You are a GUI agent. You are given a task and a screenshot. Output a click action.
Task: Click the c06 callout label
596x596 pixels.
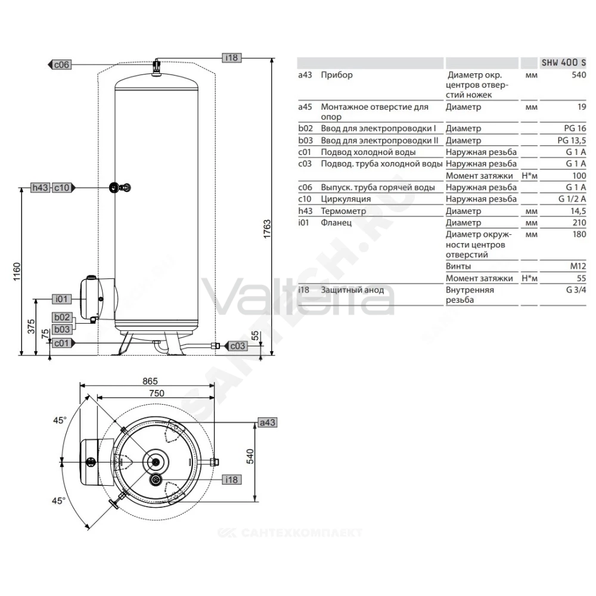(61, 64)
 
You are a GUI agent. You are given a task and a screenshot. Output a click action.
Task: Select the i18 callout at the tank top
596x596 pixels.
(231, 58)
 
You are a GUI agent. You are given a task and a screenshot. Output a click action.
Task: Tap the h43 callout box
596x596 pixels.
(41, 188)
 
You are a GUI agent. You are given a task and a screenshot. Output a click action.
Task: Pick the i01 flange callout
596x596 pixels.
(61, 299)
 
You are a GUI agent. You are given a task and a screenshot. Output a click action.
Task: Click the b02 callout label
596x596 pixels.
(62, 318)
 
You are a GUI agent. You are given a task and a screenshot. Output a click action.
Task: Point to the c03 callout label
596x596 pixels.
(238, 346)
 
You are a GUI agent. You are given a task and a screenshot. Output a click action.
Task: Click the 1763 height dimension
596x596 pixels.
(267, 229)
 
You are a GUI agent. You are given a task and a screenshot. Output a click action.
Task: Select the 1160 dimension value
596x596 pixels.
(17, 271)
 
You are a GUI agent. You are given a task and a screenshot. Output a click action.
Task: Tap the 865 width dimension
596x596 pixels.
(150, 381)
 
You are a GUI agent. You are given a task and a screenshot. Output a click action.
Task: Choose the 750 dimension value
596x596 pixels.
(157, 393)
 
